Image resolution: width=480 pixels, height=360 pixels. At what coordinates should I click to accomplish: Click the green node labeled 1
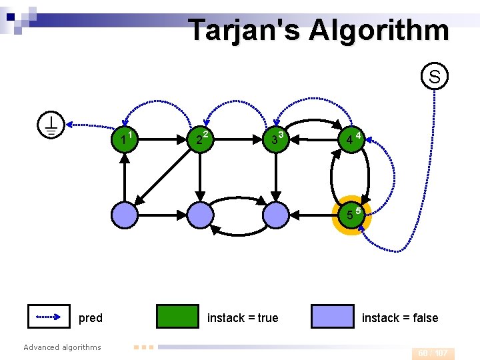pyautogui.click(x=125, y=139)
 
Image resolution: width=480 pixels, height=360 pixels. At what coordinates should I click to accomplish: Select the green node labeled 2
pyautogui.click(x=199, y=139)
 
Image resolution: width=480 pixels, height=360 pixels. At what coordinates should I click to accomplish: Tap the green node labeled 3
pyautogui.click(x=274, y=139)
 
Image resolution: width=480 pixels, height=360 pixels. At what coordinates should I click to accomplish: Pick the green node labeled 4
pyautogui.click(x=349, y=139)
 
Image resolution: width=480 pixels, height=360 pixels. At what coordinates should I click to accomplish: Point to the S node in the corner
pyautogui.click(x=434, y=77)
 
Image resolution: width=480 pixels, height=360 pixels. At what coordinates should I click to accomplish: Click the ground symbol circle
pyautogui.click(x=51, y=125)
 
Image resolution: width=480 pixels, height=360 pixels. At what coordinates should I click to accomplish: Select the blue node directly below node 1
pyautogui.click(x=125, y=215)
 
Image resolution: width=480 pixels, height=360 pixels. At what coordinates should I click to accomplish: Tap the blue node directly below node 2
pyautogui.click(x=199, y=215)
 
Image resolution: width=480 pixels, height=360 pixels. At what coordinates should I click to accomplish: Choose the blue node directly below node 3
pyautogui.click(x=274, y=215)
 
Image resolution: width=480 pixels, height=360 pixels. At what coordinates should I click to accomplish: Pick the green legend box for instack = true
pyautogui.click(x=177, y=317)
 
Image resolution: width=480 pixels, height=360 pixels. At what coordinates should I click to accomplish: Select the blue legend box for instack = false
pyautogui.click(x=332, y=317)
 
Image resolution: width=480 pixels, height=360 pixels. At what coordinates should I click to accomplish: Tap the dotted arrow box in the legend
pyautogui.click(x=49, y=317)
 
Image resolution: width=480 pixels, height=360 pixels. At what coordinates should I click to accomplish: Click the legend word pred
pyautogui.click(x=91, y=318)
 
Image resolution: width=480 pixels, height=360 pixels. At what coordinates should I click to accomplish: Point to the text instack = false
pyautogui.click(x=400, y=318)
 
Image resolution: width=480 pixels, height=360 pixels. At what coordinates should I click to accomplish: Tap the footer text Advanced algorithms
pyautogui.click(x=62, y=347)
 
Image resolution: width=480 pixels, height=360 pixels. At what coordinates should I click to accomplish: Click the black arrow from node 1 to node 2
pyautogui.click(x=162, y=140)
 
